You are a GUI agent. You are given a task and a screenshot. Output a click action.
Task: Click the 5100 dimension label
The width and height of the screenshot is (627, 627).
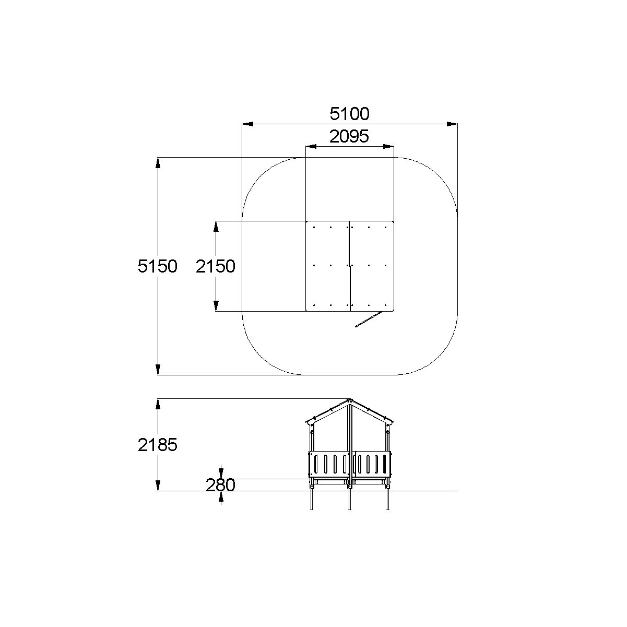[x=349, y=114]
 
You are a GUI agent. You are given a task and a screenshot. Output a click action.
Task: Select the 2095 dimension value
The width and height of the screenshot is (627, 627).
[x=349, y=136]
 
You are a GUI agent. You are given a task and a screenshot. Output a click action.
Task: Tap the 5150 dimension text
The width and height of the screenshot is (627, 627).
[x=158, y=266]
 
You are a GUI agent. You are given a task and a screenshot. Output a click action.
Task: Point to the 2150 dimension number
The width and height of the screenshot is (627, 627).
[x=216, y=266]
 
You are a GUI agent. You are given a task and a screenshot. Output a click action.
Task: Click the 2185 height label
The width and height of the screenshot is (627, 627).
[x=158, y=445]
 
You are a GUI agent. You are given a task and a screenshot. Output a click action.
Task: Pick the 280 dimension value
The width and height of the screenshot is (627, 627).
[x=221, y=485]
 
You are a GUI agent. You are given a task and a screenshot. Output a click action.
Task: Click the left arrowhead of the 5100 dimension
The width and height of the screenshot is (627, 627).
[x=247, y=124]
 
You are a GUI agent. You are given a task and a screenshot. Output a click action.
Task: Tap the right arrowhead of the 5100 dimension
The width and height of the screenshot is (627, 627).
[x=452, y=124]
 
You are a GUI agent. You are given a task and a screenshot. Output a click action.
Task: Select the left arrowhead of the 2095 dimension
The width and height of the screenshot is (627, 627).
[x=311, y=146]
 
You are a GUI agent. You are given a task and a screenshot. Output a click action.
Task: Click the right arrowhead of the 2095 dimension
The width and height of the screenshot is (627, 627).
[x=388, y=146]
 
